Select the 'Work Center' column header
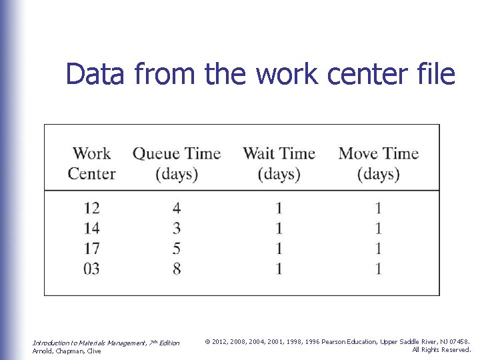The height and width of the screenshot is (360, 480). point(91,164)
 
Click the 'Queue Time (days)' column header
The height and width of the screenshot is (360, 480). point(177,164)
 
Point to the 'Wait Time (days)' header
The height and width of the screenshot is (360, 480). point(279,164)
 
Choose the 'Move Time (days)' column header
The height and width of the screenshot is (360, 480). point(378,164)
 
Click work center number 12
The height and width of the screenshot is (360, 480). point(91,209)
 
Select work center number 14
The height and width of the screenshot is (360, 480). point(91,229)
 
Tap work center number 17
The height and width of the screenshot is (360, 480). point(91,249)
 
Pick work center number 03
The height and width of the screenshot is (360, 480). point(91,269)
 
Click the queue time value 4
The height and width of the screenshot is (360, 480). point(177,209)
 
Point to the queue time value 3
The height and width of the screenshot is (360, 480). point(177,229)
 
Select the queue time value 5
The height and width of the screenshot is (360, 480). point(177,249)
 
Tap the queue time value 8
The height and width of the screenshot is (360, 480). point(177,269)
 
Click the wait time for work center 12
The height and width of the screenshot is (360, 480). point(279,209)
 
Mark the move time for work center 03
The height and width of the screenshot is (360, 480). point(378,269)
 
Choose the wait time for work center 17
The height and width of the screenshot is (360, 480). point(279,249)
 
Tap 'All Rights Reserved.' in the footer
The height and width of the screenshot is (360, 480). point(441,349)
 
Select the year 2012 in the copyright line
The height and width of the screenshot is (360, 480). point(221,341)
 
